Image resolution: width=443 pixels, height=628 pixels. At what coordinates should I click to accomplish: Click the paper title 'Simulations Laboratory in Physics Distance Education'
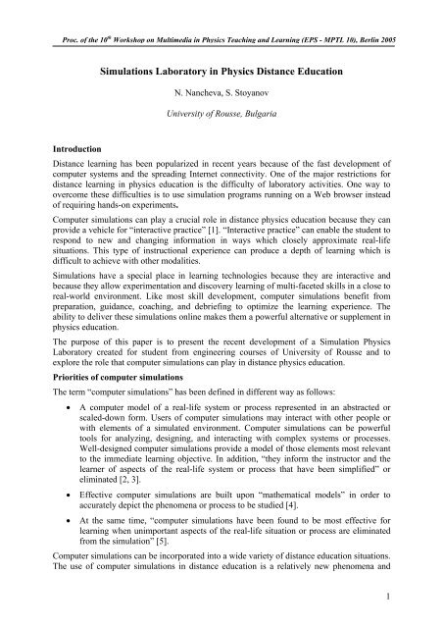click(x=221, y=72)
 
